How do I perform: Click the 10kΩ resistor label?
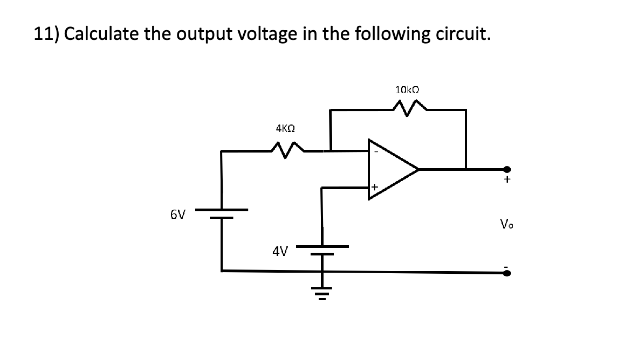(407, 90)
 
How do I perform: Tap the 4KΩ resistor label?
(285, 129)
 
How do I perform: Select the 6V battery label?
(177, 214)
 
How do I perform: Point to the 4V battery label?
(280, 251)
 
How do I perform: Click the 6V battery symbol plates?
(221, 213)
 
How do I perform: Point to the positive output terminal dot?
(506, 169)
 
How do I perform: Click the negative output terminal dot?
(506, 273)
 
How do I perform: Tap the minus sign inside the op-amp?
(376, 151)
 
